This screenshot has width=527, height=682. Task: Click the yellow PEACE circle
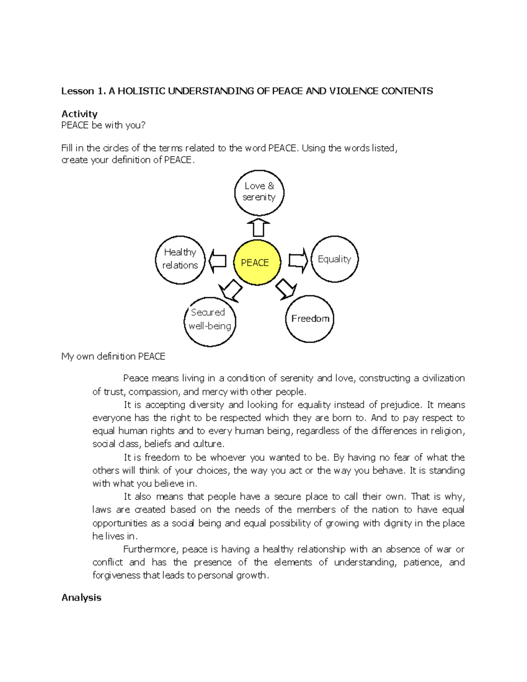coord(257,263)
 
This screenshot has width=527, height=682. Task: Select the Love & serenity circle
coord(259,193)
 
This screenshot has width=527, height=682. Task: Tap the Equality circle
coord(335,259)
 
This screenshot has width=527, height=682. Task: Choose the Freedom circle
coord(310,319)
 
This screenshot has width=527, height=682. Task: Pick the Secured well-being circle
coord(210,322)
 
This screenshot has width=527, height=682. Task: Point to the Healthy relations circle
coord(180,260)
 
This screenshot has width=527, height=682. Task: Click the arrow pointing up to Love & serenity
coord(258,227)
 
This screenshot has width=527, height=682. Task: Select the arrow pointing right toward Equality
coord(298,260)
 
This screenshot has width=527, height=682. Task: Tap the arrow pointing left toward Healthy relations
coord(217,261)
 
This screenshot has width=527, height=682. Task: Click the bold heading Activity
coord(79,114)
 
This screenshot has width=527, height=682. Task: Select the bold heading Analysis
coord(81,598)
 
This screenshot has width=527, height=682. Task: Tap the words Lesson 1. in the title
coord(83,91)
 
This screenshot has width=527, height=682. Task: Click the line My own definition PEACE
coord(113,357)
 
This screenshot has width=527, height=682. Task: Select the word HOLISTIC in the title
coord(141,91)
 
